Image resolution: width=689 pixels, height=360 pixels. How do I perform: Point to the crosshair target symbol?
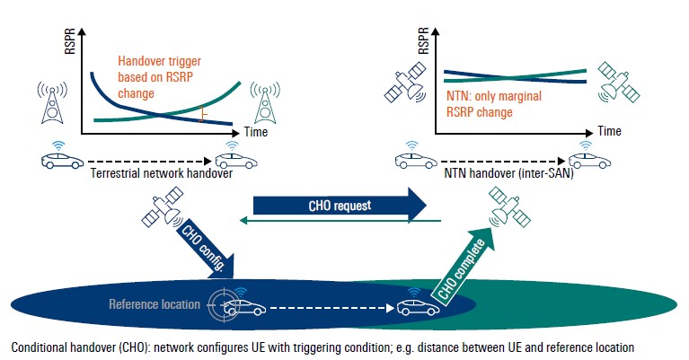point(220,305)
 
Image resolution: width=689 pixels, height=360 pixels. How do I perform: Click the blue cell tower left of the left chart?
point(51,104)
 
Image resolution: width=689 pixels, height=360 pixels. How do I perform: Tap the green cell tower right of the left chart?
point(264,104)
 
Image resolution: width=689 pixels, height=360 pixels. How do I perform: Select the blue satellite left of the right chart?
point(402,85)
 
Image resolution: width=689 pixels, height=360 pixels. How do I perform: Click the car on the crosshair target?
point(243,308)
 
